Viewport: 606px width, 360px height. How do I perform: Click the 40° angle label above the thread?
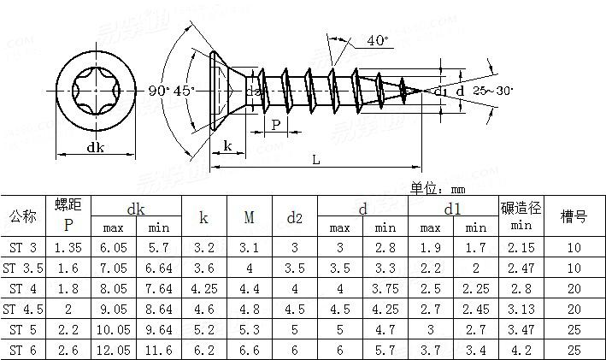[378, 40]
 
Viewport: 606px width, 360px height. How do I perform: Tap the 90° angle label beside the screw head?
[159, 91]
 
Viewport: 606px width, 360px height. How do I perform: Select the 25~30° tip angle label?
[493, 91]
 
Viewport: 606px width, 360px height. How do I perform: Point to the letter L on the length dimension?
[316, 160]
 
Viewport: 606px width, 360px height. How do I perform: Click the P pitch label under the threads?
[275, 125]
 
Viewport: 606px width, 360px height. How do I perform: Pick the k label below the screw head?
[227, 145]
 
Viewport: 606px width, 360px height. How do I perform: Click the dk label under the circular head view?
[95, 147]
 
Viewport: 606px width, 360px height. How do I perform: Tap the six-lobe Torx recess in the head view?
[96, 91]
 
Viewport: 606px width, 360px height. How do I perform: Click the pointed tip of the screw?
[424, 91]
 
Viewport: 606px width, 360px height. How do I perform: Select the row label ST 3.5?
[23, 268]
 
